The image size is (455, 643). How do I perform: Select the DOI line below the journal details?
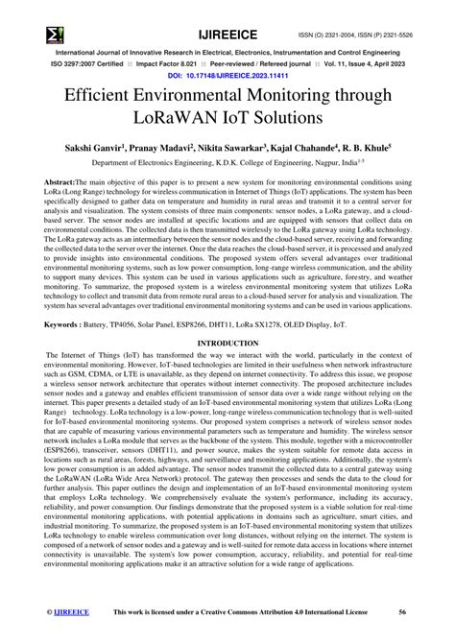pyautogui.click(x=227, y=73)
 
